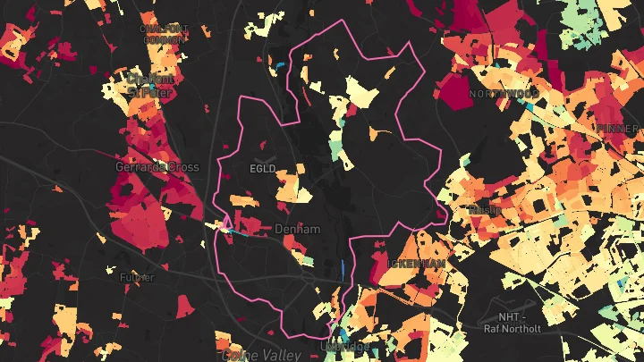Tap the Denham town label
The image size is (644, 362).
296,230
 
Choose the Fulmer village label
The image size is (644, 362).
138,277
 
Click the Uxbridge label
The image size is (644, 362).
343,345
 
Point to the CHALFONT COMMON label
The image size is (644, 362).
162,34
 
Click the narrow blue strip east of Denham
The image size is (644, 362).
345,267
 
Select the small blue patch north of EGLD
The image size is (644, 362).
280,65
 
